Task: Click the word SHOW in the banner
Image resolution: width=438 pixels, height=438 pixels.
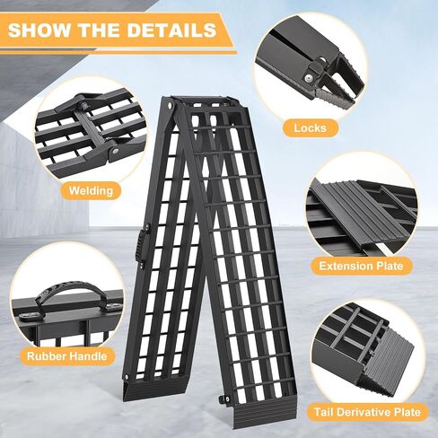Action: pos(39,30)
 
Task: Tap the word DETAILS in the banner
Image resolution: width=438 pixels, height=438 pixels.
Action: pos(171,30)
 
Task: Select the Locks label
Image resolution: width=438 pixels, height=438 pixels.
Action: pos(310,128)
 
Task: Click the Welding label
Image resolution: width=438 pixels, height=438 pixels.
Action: pos(91,190)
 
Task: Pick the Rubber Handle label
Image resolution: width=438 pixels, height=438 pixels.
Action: pos(66,356)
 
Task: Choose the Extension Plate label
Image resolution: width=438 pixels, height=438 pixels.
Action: pos(361,266)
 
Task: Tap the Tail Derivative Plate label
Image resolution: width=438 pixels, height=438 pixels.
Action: pos(367,412)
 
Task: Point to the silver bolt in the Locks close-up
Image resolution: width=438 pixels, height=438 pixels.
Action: pos(307,79)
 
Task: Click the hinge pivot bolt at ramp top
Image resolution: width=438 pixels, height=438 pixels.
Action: pos(171,105)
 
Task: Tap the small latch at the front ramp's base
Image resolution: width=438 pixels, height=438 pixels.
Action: pos(223,399)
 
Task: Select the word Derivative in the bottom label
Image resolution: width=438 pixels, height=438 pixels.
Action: pos(367,412)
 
